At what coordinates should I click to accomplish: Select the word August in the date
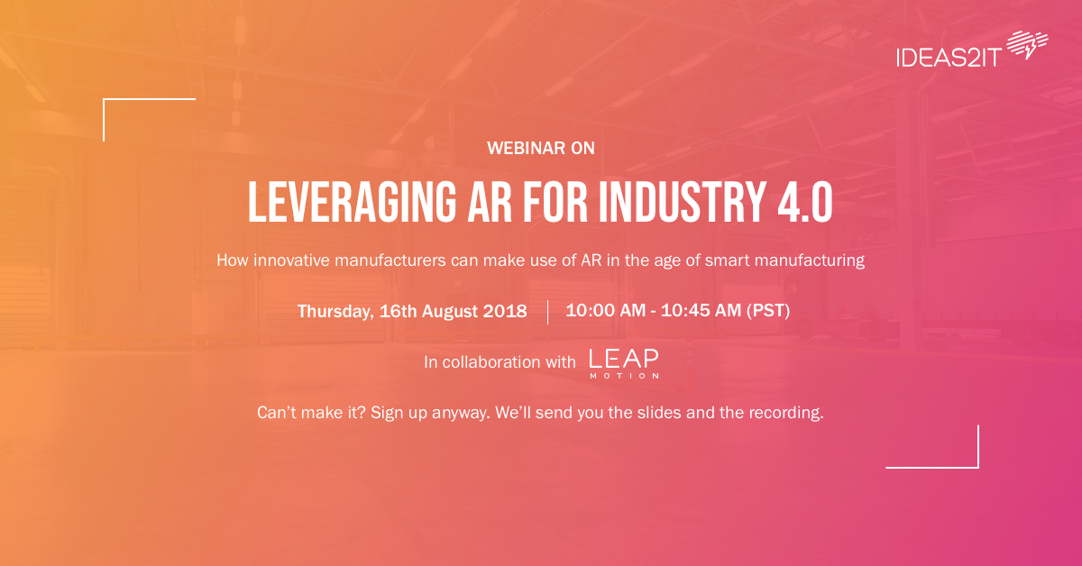pyautogui.click(x=444, y=312)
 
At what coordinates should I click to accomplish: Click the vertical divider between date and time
pyautogui.click(x=547, y=312)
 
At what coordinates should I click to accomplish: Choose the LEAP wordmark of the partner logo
pyautogui.click(x=624, y=358)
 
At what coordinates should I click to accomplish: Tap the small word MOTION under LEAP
pyautogui.click(x=624, y=376)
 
